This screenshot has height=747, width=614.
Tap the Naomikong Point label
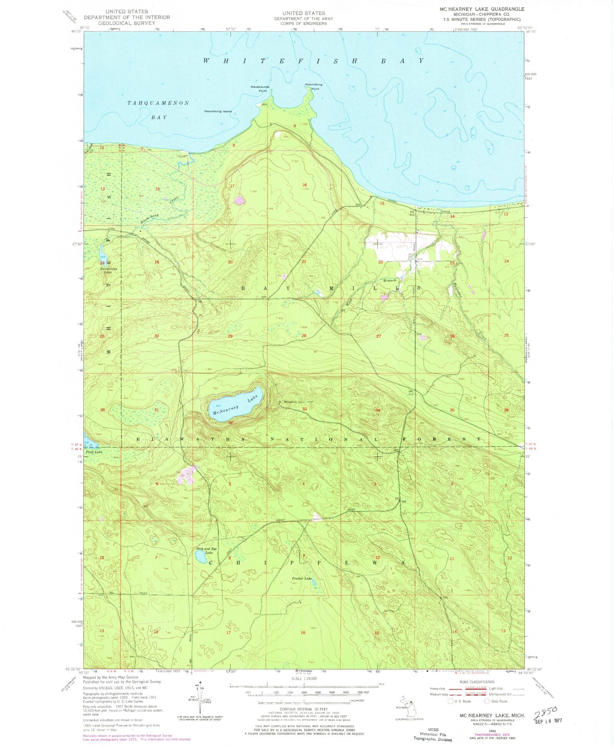click(x=314, y=87)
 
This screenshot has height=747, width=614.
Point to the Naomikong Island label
click(x=218, y=111)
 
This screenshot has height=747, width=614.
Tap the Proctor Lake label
click(x=302, y=578)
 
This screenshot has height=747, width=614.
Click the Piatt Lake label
click(x=94, y=452)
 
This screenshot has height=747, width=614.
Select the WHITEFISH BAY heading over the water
click(x=313, y=61)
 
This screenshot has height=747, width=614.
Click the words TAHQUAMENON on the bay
click(x=158, y=103)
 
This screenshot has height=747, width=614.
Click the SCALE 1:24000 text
click(x=304, y=678)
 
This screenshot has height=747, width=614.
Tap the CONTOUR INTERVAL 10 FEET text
click(x=304, y=709)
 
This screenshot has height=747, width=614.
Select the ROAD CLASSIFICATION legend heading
click(x=477, y=682)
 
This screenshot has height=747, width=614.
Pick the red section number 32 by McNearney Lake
click(x=231, y=423)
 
